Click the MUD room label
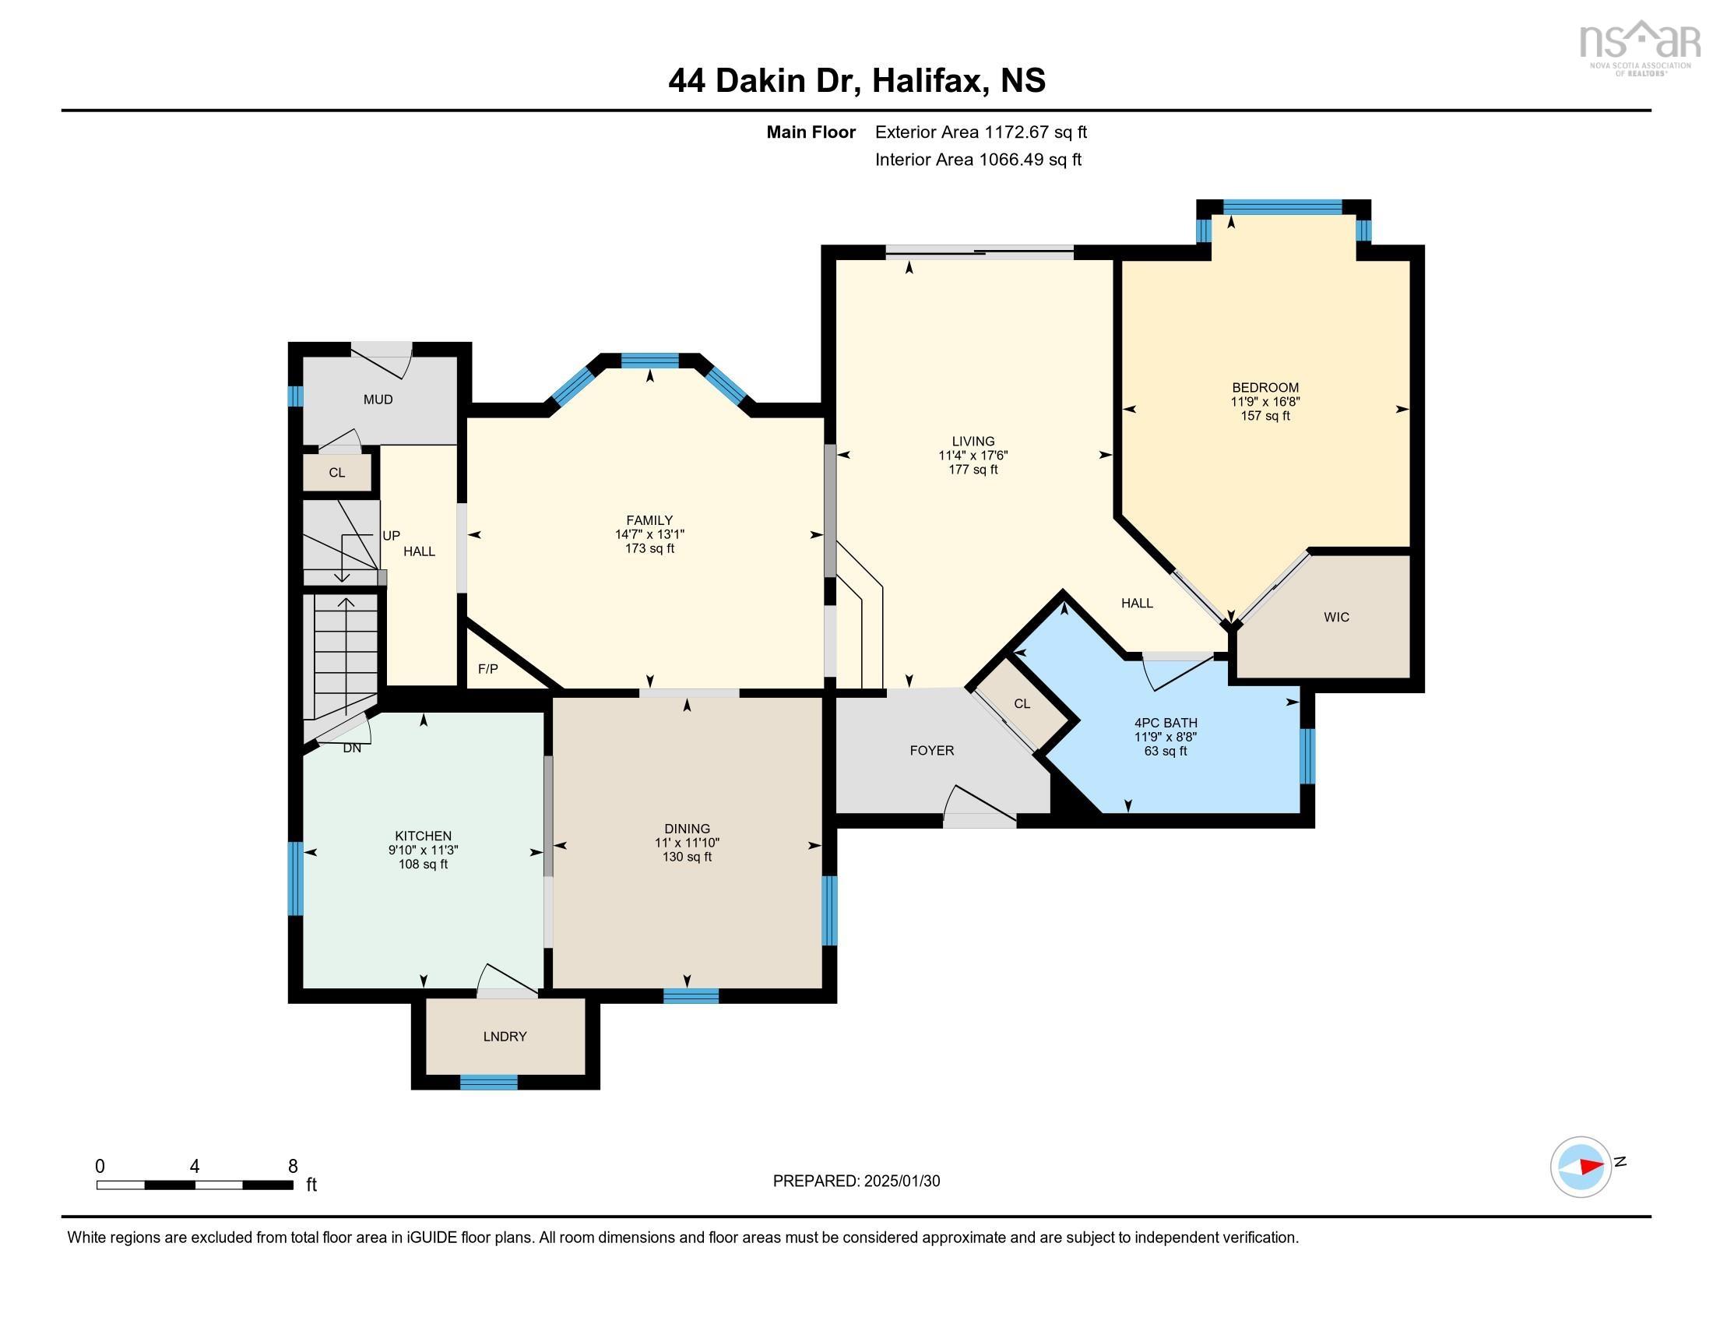pyautogui.click(x=378, y=400)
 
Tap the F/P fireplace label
pyautogui.click(x=487, y=669)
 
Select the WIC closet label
pyautogui.click(x=1335, y=618)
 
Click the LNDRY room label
pyautogui.click(x=505, y=1036)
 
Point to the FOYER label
pyautogui.click(x=931, y=751)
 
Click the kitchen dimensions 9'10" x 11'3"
pyautogui.click(x=423, y=850)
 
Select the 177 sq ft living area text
pyautogui.click(x=973, y=470)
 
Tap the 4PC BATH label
pyautogui.click(x=1165, y=724)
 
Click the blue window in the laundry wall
pyautogui.click(x=488, y=1083)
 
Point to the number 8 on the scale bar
pyautogui.click(x=293, y=1166)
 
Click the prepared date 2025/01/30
pyautogui.click(x=901, y=1181)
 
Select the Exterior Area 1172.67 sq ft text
pyautogui.click(x=980, y=132)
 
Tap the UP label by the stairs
pyautogui.click(x=391, y=536)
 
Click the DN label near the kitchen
pyautogui.click(x=351, y=748)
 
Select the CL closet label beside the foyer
pyautogui.click(x=1022, y=703)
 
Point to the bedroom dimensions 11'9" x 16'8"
pyautogui.click(x=1265, y=402)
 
